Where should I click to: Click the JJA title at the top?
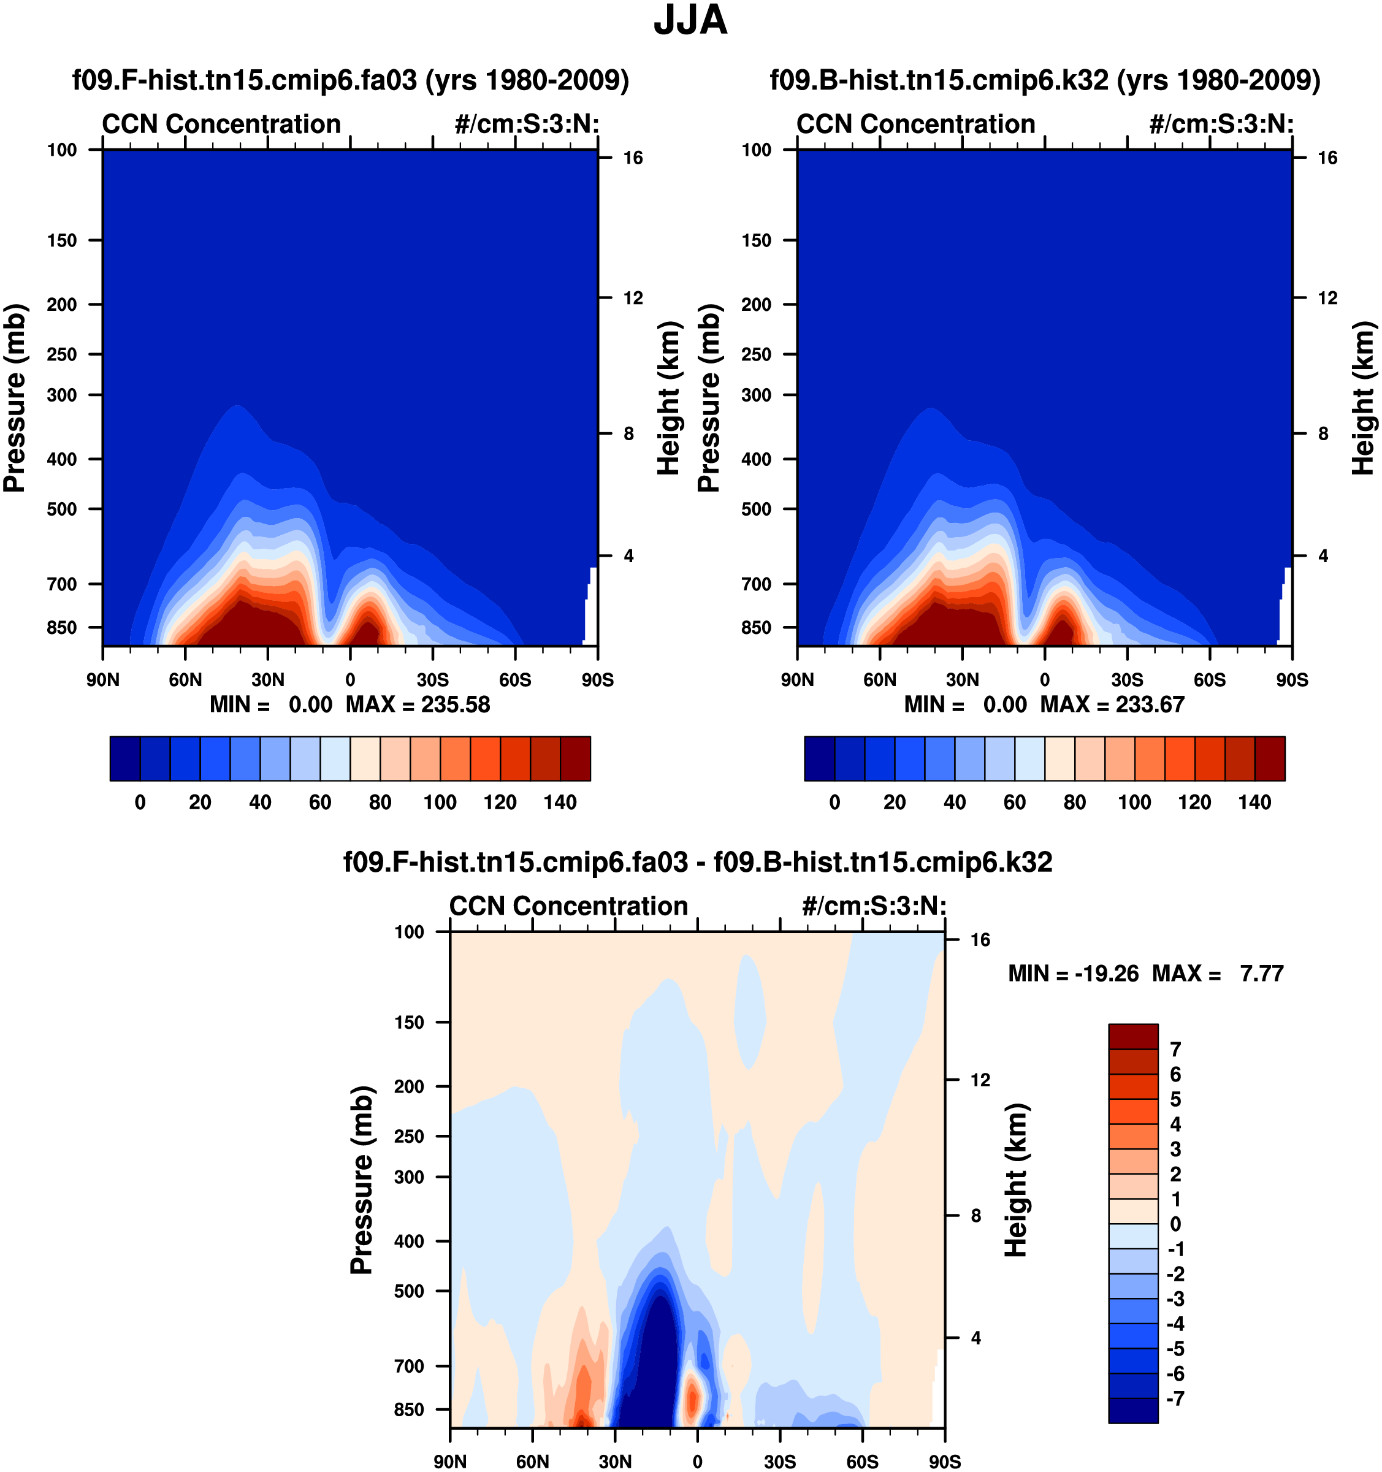[x=690, y=21]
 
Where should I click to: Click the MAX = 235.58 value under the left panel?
[x=418, y=704]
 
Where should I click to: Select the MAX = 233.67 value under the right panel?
[x=1112, y=704]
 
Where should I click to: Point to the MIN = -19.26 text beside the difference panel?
[x=1073, y=973]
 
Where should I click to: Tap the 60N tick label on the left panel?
[x=185, y=680]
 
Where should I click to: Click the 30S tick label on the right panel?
[x=1126, y=680]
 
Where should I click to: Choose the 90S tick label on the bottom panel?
[x=944, y=1462]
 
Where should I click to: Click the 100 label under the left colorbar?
[x=440, y=803]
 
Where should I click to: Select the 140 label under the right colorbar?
[x=1254, y=803]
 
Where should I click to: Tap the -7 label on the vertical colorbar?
[x=1175, y=1398]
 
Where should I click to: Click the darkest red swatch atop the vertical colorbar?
[x=1132, y=1036]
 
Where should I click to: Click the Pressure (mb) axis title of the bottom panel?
[x=361, y=1180]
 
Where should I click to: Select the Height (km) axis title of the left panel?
[x=668, y=398]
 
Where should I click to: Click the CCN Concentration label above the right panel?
[x=915, y=124]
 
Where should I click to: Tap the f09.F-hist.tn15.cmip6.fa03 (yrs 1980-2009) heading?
[x=350, y=80]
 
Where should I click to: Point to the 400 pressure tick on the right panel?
[x=756, y=459]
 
